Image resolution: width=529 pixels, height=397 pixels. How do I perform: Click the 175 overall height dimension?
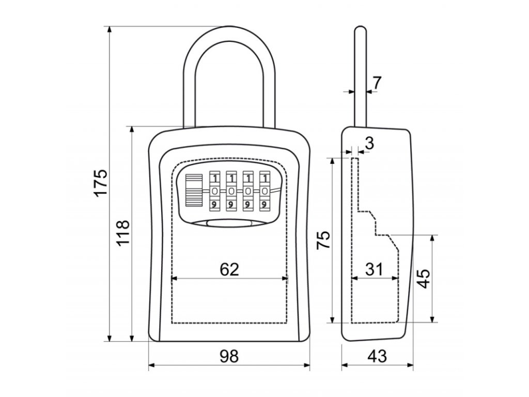(101, 182)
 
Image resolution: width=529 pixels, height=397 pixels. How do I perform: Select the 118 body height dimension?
(123, 233)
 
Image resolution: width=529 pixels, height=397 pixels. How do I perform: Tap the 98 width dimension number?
(229, 356)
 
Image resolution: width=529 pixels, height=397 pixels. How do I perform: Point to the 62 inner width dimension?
(229, 269)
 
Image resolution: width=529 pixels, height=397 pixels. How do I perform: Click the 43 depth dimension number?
(377, 356)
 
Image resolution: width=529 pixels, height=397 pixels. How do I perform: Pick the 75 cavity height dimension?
(323, 240)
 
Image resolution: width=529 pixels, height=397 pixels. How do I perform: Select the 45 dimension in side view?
(423, 279)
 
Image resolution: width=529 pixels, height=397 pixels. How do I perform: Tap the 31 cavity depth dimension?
(375, 269)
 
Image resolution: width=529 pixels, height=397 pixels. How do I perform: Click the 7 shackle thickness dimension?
(377, 83)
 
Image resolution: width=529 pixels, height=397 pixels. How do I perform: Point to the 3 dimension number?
(370, 143)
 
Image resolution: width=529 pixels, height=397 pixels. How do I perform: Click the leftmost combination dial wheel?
(214, 191)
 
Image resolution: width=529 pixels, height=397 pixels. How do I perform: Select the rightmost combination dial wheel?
(265, 191)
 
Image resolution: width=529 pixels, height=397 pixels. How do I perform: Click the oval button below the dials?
(229, 223)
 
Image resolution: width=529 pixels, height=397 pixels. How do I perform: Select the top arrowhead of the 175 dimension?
(109, 29)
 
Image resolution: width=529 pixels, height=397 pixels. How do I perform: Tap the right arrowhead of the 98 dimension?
(306, 365)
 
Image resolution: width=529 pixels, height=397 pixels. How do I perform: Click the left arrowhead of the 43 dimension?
(345, 365)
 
